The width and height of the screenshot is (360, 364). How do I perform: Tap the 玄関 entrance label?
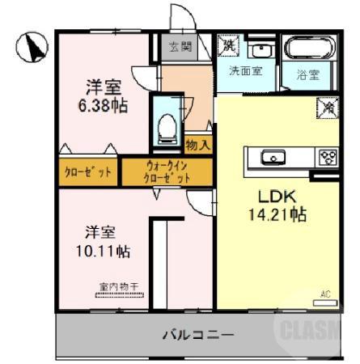coord(180,47)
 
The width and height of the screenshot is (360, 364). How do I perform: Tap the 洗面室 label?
coord(244,71)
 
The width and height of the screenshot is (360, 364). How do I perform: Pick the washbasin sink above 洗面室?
coord(260,49)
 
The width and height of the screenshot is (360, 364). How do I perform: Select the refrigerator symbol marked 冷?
coord(328,105)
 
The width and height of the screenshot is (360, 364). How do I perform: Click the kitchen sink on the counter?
coord(273,157)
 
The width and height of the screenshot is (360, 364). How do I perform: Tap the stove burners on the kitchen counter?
coord(328,157)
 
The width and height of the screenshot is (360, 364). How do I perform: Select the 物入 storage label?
coord(197,146)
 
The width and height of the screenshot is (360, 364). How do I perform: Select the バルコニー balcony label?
coord(198,334)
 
